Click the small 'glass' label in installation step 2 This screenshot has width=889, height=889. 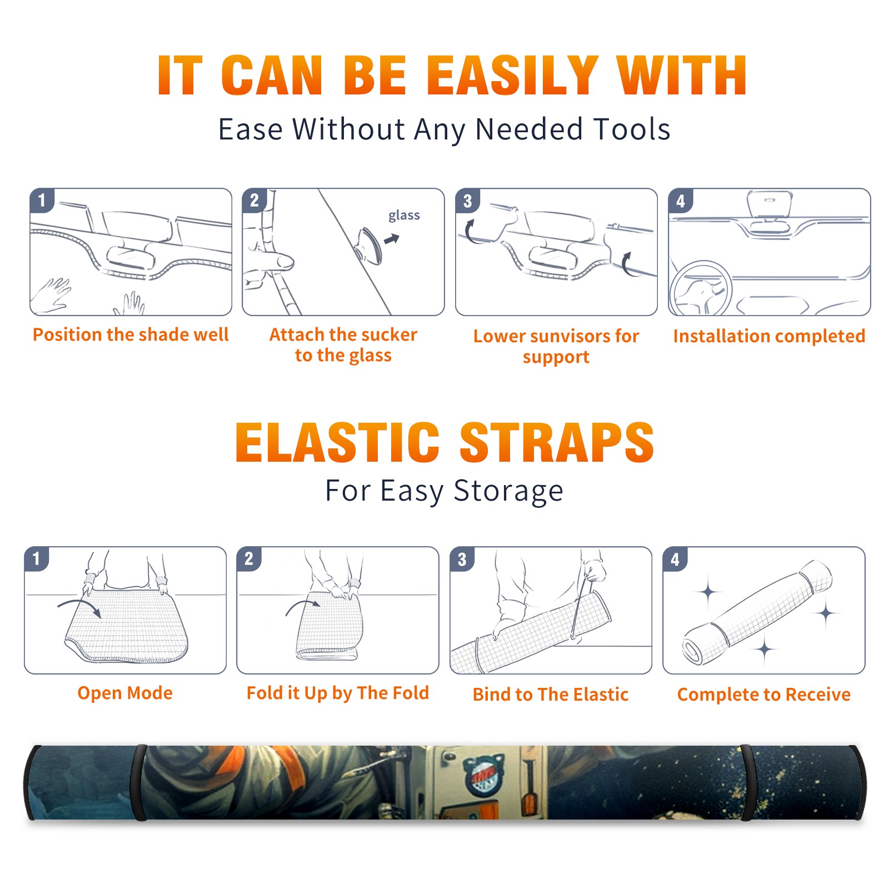pyautogui.click(x=404, y=216)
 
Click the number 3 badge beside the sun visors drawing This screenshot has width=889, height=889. pyautogui.click(x=467, y=201)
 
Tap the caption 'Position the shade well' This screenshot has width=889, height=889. pyautogui.click(x=131, y=334)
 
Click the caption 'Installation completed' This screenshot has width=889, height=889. pyautogui.click(x=769, y=336)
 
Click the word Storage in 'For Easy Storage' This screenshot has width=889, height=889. pyautogui.click(x=508, y=491)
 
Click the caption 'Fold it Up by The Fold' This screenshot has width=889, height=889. pyautogui.click(x=338, y=693)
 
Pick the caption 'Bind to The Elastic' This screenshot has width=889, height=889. pyautogui.click(x=551, y=695)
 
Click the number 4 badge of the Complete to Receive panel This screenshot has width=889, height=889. pyautogui.click(x=675, y=559)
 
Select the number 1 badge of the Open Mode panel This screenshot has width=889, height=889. pyautogui.click(x=37, y=559)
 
